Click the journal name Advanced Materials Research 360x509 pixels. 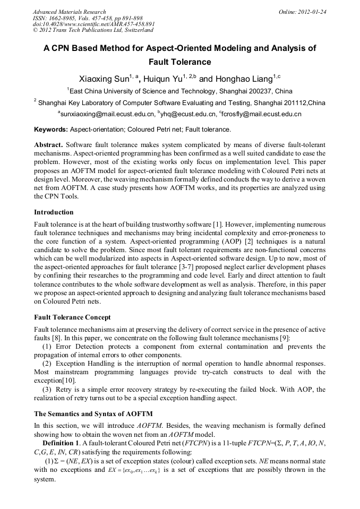(x=70, y=12)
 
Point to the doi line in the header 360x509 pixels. (x=94, y=24)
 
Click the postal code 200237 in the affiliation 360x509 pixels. (x=245, y=91)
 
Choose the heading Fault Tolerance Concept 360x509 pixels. (x=72, y=317)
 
